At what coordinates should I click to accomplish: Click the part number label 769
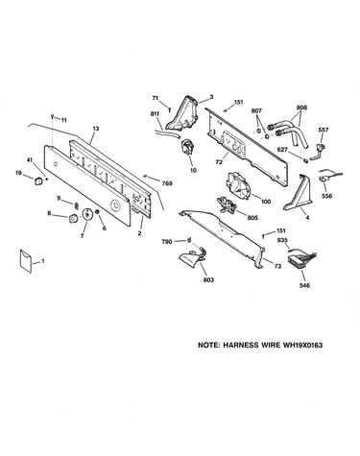(167, 183)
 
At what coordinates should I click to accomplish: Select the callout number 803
(208, 280)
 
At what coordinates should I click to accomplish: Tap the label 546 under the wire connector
(304, 285)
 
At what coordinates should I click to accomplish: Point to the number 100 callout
(266, 202)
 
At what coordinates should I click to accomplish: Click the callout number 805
(252, 218)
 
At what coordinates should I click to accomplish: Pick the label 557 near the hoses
(324, 130)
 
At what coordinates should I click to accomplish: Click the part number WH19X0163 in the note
(302, 345)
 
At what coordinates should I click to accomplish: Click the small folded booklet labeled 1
(26, 261)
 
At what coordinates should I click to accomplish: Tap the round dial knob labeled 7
(86, 214)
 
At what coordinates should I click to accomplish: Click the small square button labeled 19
(38, 180)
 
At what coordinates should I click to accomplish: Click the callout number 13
(96, 129)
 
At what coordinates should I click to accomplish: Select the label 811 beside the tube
(155, 113)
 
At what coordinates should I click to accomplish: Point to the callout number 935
(281, 239)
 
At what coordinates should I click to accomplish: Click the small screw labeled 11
(52, 117)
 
